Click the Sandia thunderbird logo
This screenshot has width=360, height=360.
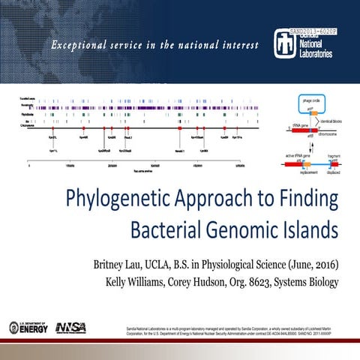[x=280, y=45]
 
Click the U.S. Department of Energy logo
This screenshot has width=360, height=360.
[x=28, y=327]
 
